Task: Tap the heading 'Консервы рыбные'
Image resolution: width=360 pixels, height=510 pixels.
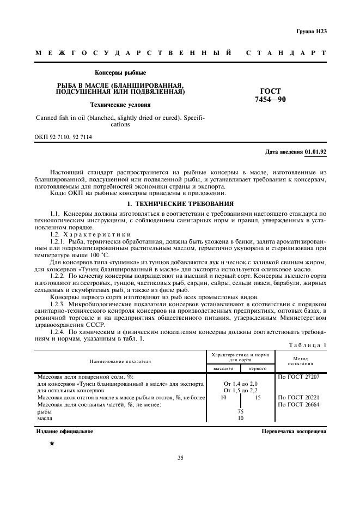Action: pos(120,72)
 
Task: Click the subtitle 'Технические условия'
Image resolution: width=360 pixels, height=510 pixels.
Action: pos(120,105)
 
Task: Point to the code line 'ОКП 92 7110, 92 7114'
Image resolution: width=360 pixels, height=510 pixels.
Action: pos(64,137)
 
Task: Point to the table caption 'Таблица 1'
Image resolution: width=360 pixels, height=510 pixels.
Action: pos(308,344)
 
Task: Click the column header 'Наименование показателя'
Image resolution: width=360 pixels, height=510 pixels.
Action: pos(121,361)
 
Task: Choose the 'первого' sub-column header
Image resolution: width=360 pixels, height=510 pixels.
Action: pos(257,369)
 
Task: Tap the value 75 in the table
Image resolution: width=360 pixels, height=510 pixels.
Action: pos(240,412)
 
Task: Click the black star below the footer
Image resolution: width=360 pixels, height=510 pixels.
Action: pos(52,445)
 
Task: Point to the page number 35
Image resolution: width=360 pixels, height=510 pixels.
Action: pos(180,458)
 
